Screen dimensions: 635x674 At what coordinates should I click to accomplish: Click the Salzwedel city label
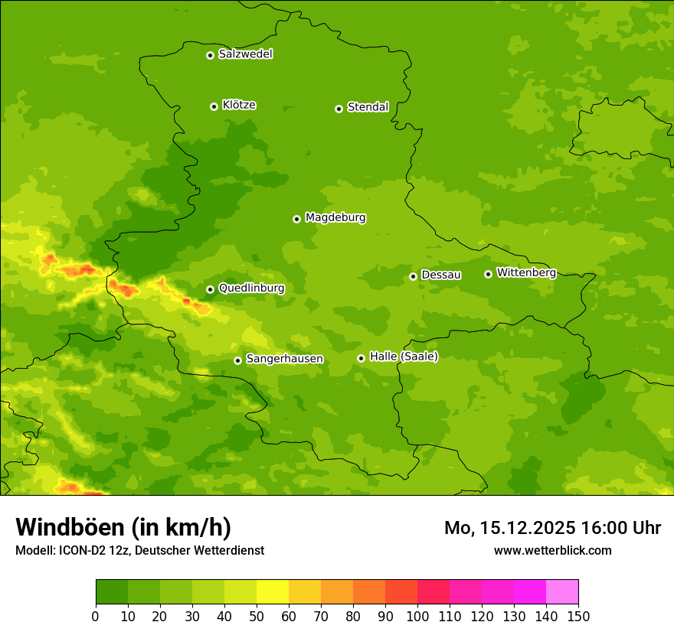(245, 54)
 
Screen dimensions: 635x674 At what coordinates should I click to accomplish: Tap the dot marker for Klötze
(214, 106)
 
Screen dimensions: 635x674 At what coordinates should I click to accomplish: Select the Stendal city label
(368, 107)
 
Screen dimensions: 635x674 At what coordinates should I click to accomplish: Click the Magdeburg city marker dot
(296, 219)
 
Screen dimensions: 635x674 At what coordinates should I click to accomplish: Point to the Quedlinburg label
(251, 288)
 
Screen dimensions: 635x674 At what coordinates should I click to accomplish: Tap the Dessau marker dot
(413, 276)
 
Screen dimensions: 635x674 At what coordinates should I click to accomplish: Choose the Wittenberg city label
(525, 272)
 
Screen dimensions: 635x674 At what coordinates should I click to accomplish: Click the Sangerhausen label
(284, 359)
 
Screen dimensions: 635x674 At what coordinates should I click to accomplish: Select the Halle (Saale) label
(404, 357)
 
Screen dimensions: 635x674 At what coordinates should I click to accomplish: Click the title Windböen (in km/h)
(123, 528)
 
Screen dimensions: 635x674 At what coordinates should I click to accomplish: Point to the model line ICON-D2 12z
(139, 551)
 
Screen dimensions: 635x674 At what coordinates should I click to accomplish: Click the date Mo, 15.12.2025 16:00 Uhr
(552, 528)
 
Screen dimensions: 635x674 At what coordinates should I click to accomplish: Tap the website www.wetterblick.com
(552, 551)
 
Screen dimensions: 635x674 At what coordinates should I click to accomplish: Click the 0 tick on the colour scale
(96, 616)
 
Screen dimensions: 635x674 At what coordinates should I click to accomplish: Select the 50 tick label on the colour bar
(257, 616)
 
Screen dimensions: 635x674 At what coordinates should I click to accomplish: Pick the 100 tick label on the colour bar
(417, 616)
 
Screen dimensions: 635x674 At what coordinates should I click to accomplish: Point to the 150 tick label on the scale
(578, 616)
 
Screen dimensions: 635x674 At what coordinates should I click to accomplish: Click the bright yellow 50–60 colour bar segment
(273, 592)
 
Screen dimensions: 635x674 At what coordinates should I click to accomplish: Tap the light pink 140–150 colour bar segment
(562, 592)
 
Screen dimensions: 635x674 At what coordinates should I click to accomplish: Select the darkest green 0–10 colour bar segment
(112, 592)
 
